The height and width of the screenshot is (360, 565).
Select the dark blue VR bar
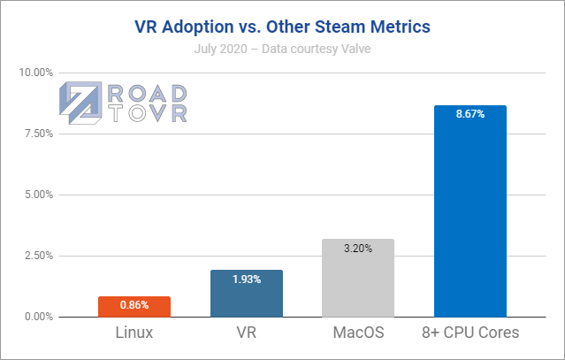(247, 295)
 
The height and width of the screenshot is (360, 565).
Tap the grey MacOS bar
(358, 279)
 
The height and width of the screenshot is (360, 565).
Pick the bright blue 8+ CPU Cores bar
(470, 212)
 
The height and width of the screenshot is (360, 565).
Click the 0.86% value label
(134, 304)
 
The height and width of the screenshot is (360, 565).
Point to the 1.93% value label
(247, 279)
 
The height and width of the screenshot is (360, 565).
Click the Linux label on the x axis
(134, 334)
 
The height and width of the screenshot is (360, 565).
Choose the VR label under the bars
(247, 334)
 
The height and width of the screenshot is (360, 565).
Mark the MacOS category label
(358, 334)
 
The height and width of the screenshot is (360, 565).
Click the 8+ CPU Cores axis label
(470, 334)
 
